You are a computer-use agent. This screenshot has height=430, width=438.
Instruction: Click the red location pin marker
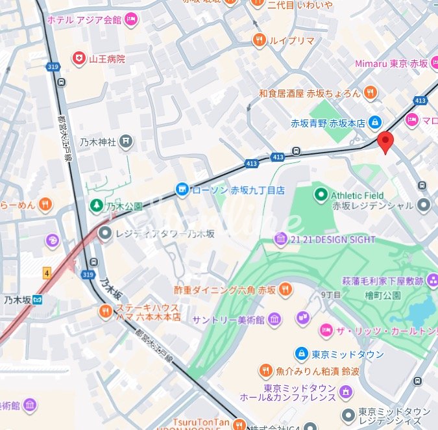(385, 140)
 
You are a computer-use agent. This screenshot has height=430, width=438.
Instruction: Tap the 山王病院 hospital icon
(79, 58)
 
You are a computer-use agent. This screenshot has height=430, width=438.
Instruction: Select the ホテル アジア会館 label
(84, 20)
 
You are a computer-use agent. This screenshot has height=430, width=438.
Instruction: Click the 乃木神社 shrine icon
(126, 141)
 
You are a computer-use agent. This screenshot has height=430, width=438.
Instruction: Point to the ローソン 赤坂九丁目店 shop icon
(182, 190)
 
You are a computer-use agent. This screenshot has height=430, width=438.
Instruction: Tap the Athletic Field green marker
(321, 194)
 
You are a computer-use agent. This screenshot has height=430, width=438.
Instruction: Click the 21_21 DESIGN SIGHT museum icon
(280, 240)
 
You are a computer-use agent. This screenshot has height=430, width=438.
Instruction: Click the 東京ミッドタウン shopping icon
(301, 354)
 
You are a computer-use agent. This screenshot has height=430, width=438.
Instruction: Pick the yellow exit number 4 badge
(47, 273)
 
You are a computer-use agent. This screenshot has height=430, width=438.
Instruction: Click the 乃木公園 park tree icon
(96, 205)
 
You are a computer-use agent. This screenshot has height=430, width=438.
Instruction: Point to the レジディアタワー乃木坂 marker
(104, 232)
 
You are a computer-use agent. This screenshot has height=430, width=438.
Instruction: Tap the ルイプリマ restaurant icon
(259, 40)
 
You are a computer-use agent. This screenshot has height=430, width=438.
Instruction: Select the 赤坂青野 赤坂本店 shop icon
(374, 122)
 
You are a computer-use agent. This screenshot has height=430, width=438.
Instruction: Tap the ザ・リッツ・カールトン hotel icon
(325, 331)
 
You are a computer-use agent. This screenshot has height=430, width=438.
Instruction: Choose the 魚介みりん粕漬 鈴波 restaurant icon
(265, 371)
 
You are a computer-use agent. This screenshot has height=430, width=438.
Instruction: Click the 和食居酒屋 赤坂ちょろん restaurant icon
(370, 93)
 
